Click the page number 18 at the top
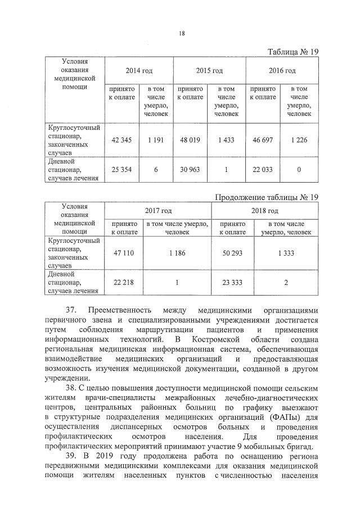182,33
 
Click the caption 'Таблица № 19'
292,52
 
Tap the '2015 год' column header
209,71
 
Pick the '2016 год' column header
282,71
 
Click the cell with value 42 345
122,140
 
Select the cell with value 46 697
263,140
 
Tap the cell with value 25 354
122,170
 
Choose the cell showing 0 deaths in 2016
299,170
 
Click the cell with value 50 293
232,253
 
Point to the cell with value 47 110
124,253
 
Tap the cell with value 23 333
232,283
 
